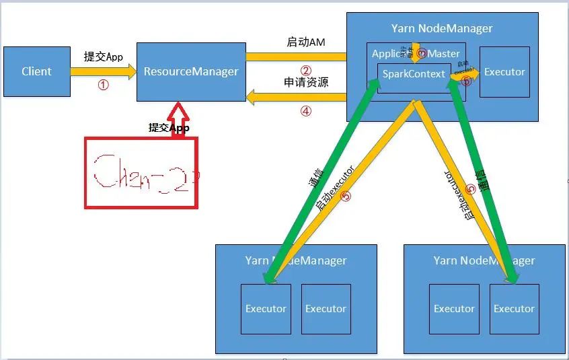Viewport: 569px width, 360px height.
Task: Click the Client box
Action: (x=36, y=71)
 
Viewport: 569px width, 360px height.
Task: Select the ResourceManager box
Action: (x=191, y=71)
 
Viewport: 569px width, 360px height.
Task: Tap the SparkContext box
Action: (x=413, y=74)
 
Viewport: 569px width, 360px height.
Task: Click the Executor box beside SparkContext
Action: (x=504, y=72)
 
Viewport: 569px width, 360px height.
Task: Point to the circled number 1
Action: (x=103, y=85)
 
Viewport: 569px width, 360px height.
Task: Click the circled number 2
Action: (x=306, y=71)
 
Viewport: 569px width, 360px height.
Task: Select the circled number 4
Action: (x=306, y=112)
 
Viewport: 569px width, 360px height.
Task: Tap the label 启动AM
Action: (x=306, y=42)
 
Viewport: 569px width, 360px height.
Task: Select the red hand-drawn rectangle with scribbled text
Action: (x=141, y=172)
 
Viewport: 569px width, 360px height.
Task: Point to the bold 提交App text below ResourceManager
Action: (x=169, y=127)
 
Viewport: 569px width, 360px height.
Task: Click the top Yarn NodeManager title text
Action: (x=442, y=28)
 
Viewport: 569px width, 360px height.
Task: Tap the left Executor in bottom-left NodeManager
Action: (x=266, y=309)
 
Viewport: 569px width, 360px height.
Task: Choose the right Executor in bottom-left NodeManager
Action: (x=326, y=309)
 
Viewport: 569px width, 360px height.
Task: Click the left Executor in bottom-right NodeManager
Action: (x=454, y=309)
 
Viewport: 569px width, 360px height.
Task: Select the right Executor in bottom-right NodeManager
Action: (x=514, y=309)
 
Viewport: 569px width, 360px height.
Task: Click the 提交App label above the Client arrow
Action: (x=104, y=57)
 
